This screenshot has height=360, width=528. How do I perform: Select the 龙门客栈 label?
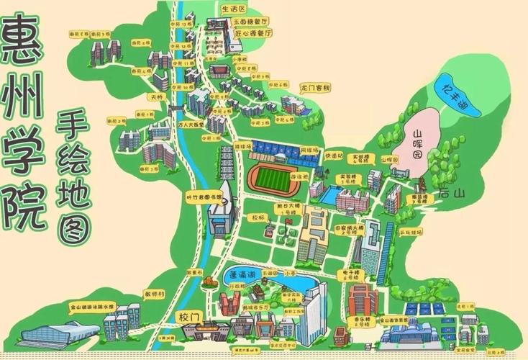click(x=314, y=88)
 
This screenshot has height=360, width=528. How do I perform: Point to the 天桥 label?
click(x=156, y=96)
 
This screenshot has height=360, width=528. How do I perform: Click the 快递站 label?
click(x=333, y=156)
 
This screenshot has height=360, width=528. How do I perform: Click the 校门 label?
click(x=188, y=315)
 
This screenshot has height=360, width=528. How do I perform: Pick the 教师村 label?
click(x=155, y=294)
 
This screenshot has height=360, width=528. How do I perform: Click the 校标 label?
click(x=257, y=216)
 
